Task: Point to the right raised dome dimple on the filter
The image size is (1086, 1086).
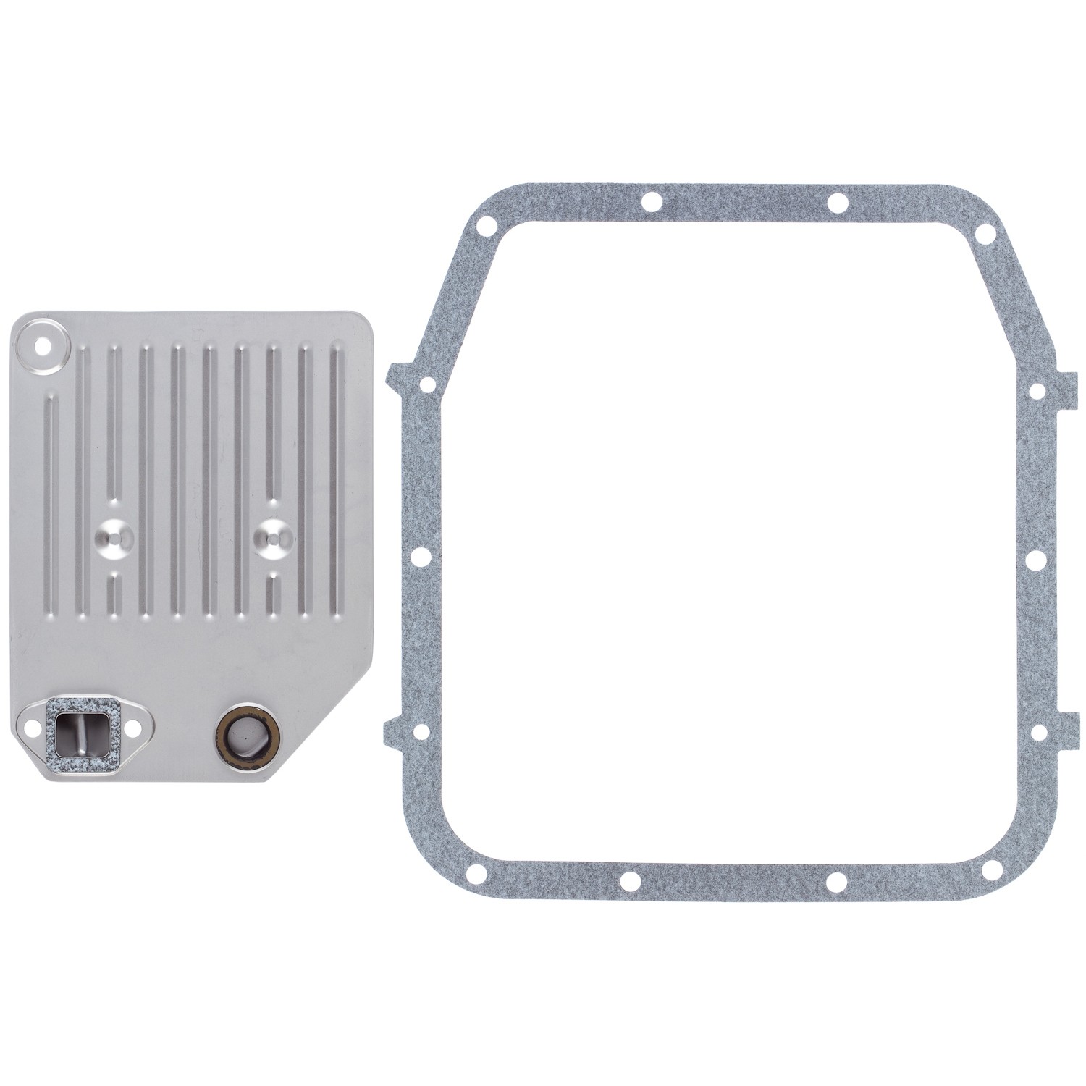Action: click(x=274, y=536)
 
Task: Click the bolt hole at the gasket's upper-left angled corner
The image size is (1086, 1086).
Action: click(x=427, y=383)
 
